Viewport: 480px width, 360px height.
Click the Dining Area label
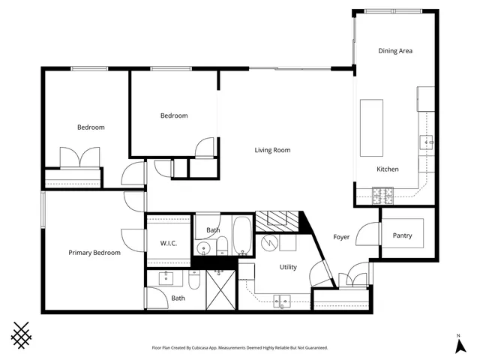pos(395,51)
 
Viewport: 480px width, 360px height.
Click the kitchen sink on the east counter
pos(427,140)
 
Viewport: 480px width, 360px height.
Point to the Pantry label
pos(402,235)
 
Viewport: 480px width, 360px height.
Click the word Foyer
pos(342,237)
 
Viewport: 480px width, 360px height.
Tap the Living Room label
pos(271,150)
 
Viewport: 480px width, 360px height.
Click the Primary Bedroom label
pos(94,253)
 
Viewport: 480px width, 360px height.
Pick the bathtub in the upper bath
pos(243,235)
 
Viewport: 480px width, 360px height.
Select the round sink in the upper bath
pos(203,248)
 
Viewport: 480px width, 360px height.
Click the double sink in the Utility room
pos(283,301)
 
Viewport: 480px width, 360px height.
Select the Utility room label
pos(288,267)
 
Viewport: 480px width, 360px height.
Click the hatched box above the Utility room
pos(276,220)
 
